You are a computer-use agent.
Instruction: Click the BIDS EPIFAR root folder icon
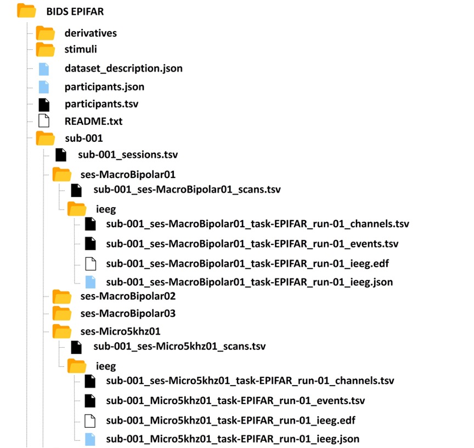point(26,10)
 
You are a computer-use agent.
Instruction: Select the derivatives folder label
point(91,33)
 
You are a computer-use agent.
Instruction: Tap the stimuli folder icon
point(45,49)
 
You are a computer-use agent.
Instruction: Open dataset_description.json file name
point(123,68)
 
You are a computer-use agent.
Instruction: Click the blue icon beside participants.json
point(44,87)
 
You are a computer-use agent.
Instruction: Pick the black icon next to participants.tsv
point(44,105)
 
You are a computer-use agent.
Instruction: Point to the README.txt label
point(93,121)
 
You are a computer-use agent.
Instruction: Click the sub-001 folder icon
point(45,138)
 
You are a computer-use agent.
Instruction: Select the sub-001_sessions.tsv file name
point(128,155)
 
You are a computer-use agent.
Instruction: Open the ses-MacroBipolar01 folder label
point(128,175)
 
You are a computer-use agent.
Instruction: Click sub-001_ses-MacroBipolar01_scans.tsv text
point(187,189)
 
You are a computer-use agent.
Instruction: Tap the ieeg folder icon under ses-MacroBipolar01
point(76,209)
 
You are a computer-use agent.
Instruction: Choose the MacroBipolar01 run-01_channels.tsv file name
point(257,224)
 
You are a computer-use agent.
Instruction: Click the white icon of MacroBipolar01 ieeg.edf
point(91,264)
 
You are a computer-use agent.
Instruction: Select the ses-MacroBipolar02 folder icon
point(61,296)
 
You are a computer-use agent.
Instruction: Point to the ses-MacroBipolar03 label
point(128,313)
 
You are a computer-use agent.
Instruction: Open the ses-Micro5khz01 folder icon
point(61,331)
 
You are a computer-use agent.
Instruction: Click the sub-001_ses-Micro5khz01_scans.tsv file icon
point(76,347)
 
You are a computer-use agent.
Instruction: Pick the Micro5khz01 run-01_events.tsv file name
point(235,401)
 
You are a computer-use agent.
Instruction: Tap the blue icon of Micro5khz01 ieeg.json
point(90,439)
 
